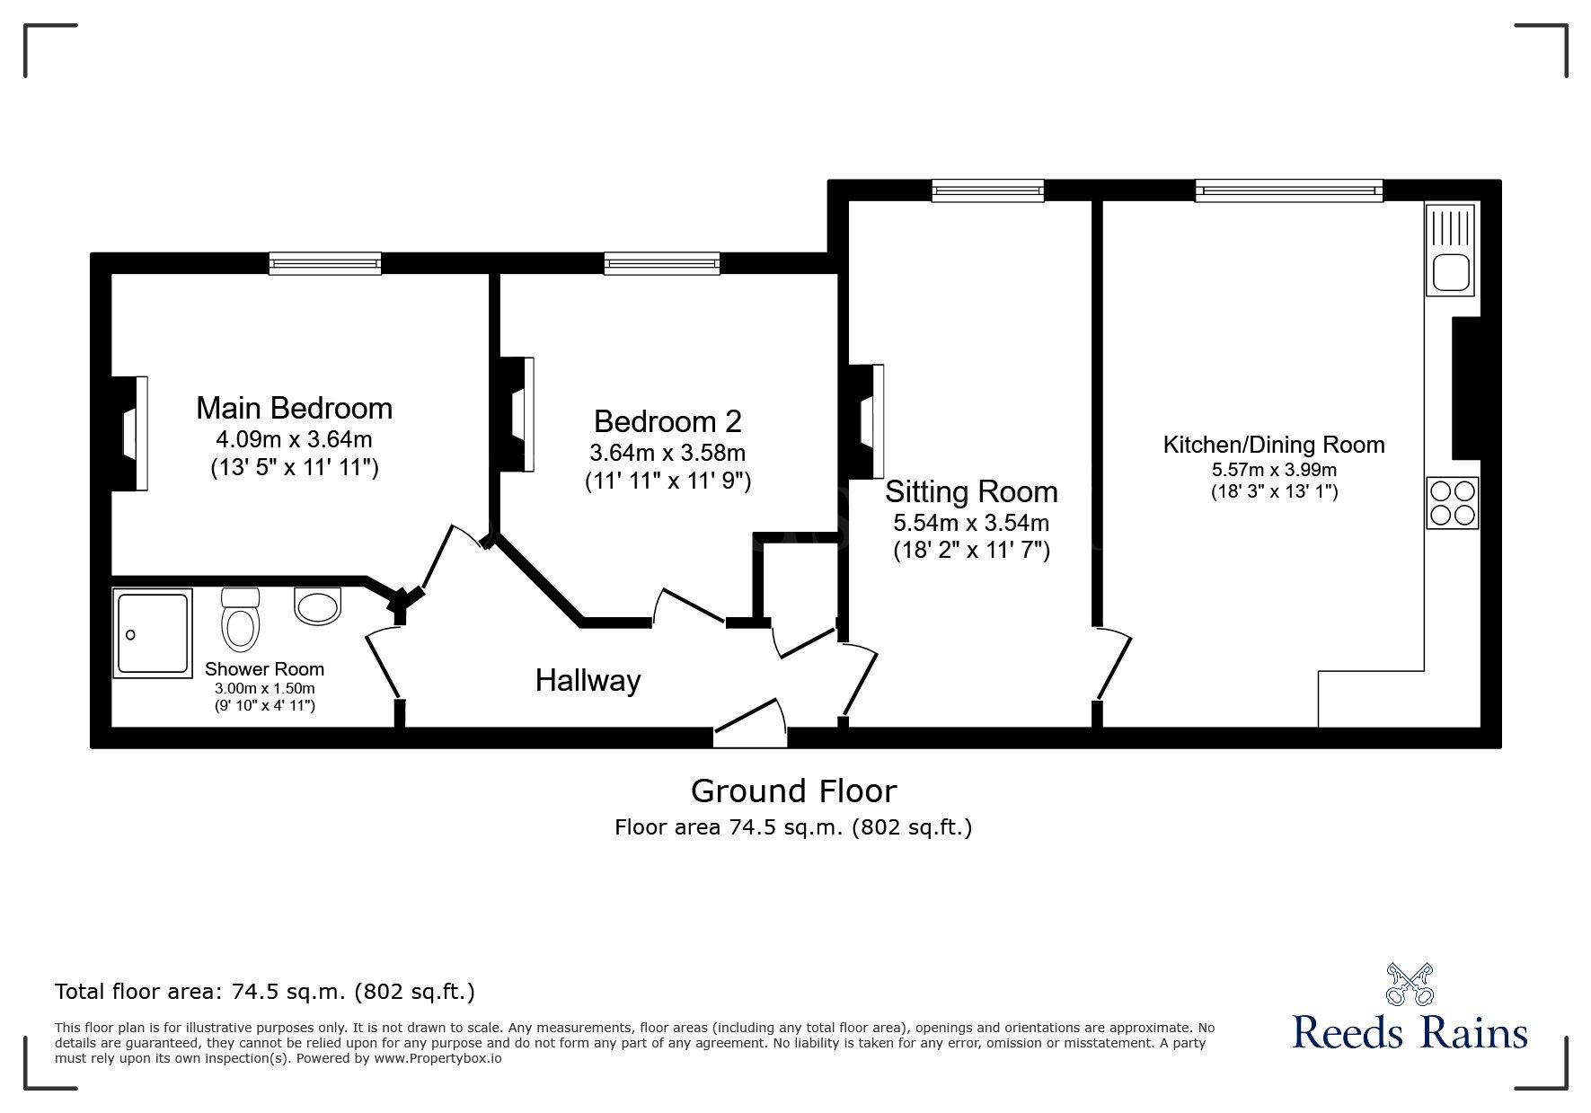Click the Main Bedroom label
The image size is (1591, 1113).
pyautogui.click(x=294, y=409)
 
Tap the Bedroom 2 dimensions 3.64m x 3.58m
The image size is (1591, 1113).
pyautogui.click(x=667, y=453)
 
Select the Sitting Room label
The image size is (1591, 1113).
pyautogui.click(x=970, y=492)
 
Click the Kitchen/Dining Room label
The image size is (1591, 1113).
pyautogui.click(x=1273, y=445)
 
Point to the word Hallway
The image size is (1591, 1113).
pyautogui.click(x=588, y=681)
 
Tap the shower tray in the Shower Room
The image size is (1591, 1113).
pyautogui.click(x=153, y=633)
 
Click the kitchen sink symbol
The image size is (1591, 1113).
pyautogui.click(x=1450, y=272)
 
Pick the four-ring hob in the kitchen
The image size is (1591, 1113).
pyautogui.click(x=1452, y=503)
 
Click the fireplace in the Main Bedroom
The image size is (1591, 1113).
pyautogui.click(x=131, y=434)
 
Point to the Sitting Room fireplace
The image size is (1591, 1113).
pyautogui.click(x=869, y=420)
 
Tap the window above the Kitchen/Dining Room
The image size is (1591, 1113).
pyautogui.click(x=1288, y=190)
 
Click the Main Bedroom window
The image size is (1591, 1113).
pyautogui.click(x=325, y=263)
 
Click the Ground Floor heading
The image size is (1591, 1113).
pyautogui.click(x=793, y=791)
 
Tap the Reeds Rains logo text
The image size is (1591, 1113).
pyautogui.click(x=1410, y=1033)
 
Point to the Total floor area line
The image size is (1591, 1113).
pyautogui.click(x=265, y=992)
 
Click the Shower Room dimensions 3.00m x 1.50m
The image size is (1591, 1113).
pyautogui.click(x=264, y=689)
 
